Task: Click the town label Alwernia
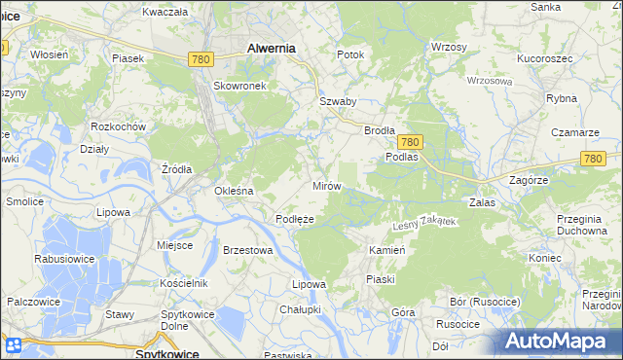point(272,47)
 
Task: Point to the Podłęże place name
point(294,220)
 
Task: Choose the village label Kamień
point(386,250)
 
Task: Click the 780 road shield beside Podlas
point(409,141)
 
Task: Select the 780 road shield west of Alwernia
point(201,59)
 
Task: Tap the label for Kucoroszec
point(543,59)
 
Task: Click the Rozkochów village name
point(118,127)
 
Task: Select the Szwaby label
point(338,101)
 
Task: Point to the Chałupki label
point(300,308)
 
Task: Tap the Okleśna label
point(234,191)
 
